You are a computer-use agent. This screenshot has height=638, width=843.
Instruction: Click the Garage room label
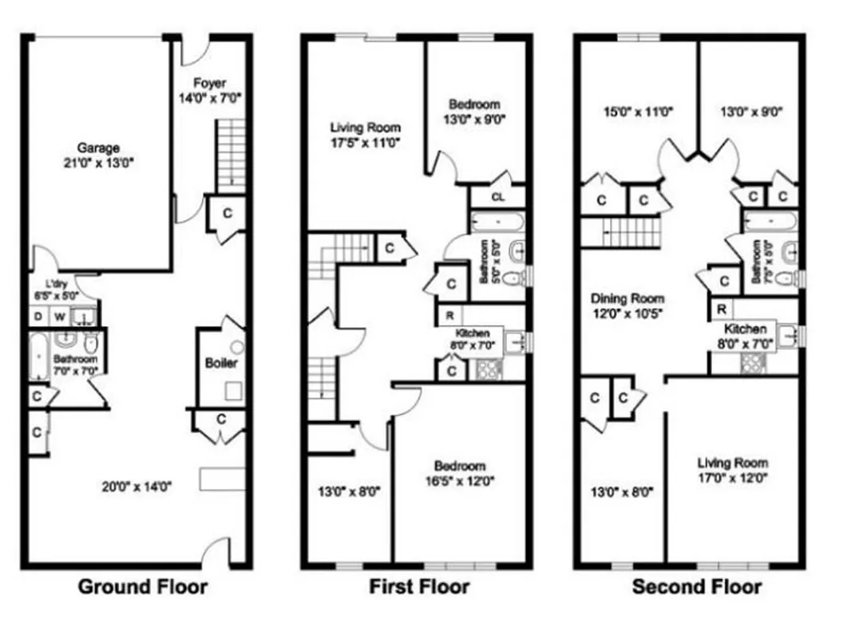pyautogui.click(x=98, y=148)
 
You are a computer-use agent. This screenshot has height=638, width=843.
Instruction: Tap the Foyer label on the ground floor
pyautogui.click(x=210, y=83)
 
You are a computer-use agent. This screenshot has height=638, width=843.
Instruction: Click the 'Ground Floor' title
pyautogui.click(x=142, y=588)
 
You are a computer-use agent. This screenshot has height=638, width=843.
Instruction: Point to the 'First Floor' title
pyautogui.click(x=418, y=588)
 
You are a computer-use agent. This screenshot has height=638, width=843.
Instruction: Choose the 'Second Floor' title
pyautogui.click(x=696, y=588)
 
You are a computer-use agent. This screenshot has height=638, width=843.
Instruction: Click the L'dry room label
pyautogui.click(x=54, y=285)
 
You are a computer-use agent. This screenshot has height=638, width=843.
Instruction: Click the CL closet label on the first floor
pyautogui.click(x=497, y=196)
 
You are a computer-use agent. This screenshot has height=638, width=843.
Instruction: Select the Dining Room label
pyautogui.click(x=627, y=298)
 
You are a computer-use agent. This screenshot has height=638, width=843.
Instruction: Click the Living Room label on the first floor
pyautogui.click(x=365, y=128)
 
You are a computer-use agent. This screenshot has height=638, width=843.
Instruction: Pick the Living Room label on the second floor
pyautogui.click(x=732, y=463)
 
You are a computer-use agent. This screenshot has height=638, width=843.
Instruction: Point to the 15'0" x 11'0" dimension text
pyautogui.click(x=639, y=112)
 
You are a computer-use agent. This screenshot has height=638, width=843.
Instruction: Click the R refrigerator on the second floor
pyautogui.click(x=721, y=309)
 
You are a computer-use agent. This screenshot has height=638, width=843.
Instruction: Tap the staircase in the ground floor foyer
pyautogui.click(x=231, y=156)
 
